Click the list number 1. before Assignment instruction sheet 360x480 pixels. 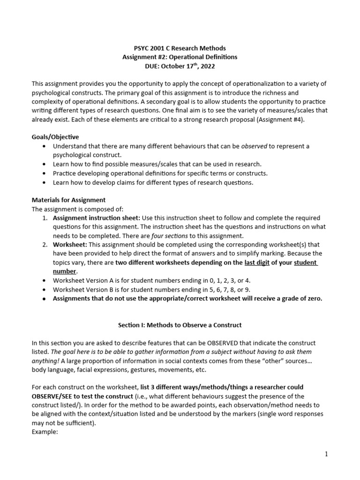pyautogui.click(x=45, y=218)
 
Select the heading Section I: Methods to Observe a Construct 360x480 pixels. pyautogui.click(x=180, y=325)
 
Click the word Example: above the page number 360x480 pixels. pyautogui.click(x=45, y=432)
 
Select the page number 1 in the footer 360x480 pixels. pyautogui.click(x=326, y=454)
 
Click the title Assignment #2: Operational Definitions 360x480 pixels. pyautogui.click(x=180, y=57)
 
